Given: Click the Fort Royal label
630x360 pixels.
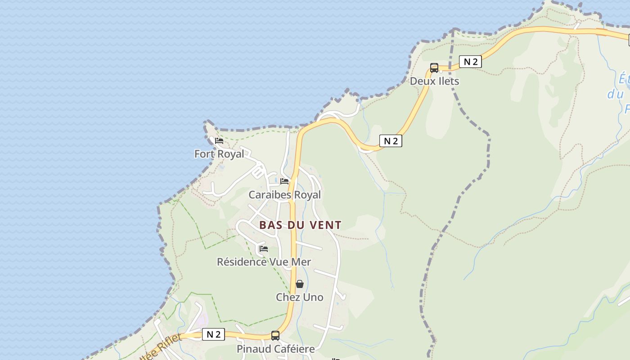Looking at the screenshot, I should (219, 154).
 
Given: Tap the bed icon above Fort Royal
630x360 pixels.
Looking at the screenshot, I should (219, 141).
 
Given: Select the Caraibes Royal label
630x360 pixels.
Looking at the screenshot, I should (285, 195).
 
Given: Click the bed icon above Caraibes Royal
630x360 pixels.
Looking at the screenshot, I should (284, 181).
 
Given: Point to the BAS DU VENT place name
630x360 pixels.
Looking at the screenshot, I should (300, 225).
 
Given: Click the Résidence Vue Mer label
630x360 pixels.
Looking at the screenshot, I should (264, 261).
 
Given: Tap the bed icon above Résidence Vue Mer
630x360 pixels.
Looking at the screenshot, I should (264, 248).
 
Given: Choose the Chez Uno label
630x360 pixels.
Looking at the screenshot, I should (299, 297).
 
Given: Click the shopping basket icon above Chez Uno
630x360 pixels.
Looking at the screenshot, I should (300, 284).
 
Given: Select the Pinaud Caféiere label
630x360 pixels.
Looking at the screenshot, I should (275, 349).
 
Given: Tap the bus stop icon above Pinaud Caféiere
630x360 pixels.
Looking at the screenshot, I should (275, 336).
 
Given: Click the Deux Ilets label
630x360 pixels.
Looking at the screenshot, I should (434, 81).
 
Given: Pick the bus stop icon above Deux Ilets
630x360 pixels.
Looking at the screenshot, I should (434, 68).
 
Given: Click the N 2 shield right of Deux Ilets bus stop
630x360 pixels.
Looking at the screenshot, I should (470, 62).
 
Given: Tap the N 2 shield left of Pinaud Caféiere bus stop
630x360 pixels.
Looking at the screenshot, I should (213, 334).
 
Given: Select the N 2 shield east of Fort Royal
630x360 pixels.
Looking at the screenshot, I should (390, 141).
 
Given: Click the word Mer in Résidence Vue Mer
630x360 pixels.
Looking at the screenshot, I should (301, 261).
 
